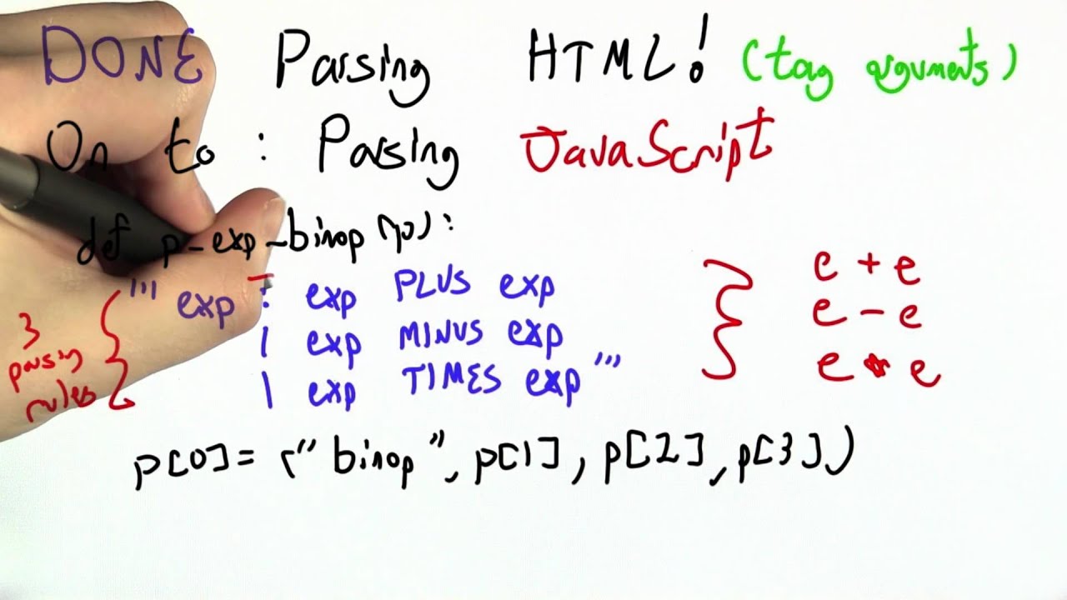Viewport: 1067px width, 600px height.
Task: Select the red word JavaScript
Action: (646, 146)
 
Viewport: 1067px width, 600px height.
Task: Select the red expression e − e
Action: (867, 314)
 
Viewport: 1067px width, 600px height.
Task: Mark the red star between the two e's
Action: (875, 367)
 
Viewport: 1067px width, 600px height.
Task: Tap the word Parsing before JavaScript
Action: (388, 150)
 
